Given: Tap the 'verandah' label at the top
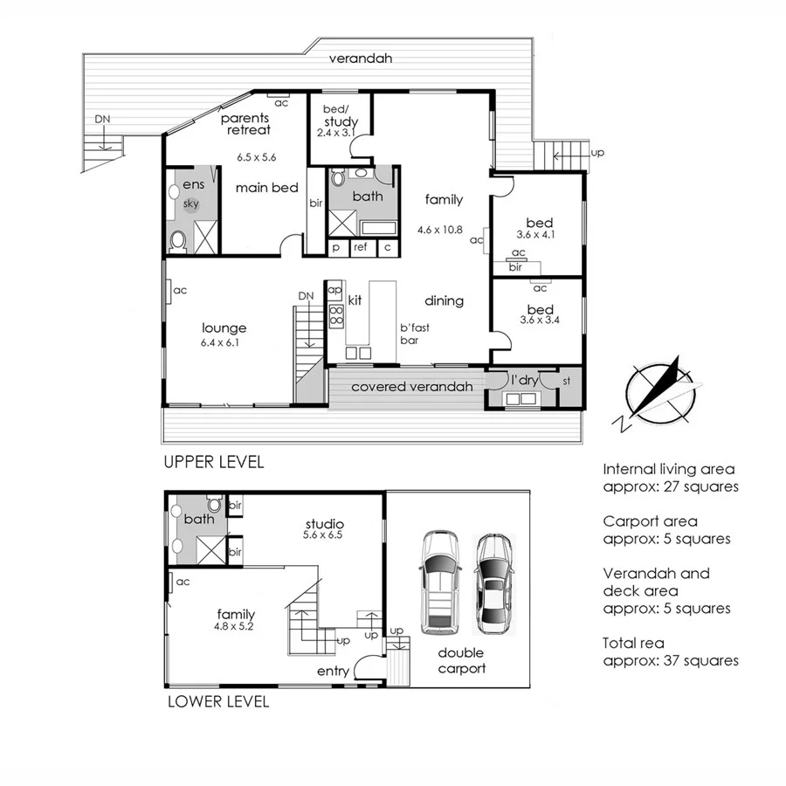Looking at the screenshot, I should click(x=361, y=59).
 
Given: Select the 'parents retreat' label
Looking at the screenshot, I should click(x=245, y=123).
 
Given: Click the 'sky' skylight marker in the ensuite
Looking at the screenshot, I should click(x=191, y=203).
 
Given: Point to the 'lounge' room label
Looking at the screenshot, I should click(x=224, y=328).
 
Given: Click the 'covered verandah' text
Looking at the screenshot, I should click(x=411, y=387).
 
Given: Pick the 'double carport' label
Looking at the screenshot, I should click(x=461, y=660).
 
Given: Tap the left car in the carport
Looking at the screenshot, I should click(x=438, y=583).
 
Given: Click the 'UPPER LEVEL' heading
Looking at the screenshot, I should click(x=213, y=462).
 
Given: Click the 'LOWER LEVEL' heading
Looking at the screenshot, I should click(x=217, y=701).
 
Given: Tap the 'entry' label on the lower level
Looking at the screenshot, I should click(x=334, y=671).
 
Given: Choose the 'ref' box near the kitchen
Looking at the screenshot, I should click(x=360, y=248).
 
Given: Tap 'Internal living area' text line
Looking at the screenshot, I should click(x=669, y=469).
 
